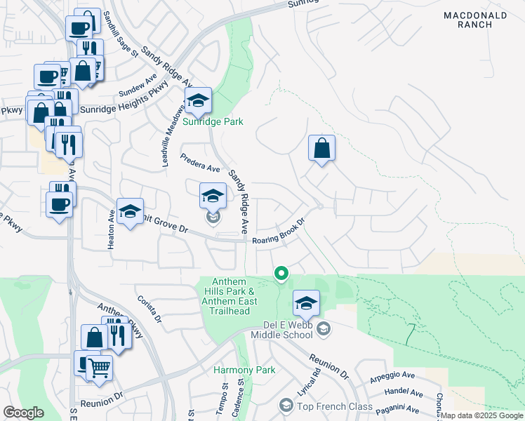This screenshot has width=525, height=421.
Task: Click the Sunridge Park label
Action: click(213, 121)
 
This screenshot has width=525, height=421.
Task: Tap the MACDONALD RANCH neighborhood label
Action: click(476, 19)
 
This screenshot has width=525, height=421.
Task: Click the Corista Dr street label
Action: click(149, 309)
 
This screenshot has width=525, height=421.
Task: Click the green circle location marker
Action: click(281, 273)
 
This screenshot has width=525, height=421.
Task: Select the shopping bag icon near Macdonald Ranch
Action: click(321, 147)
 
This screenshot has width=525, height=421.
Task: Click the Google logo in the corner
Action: click(23, 412)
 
